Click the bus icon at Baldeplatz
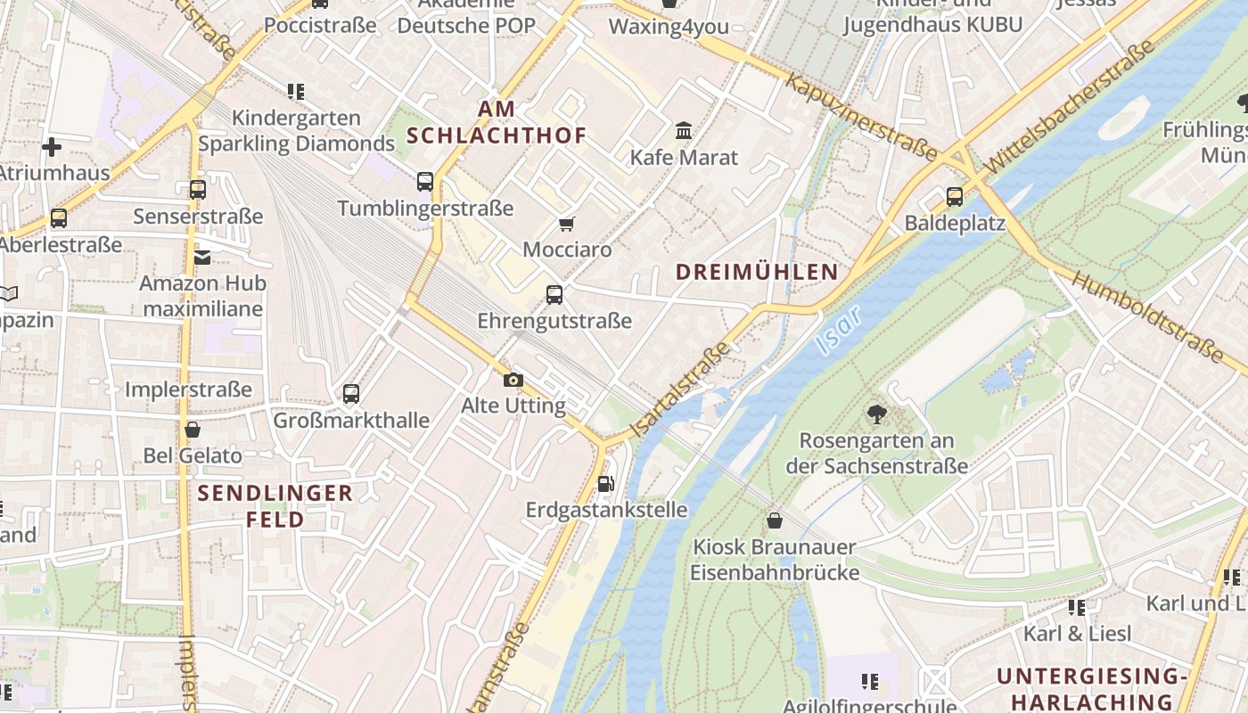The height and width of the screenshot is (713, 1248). coord(955,197)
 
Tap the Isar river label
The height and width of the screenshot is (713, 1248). coord(839,326)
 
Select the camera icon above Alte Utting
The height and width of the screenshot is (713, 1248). coord(513,381)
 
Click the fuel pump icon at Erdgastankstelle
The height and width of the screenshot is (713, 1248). coord(606,484)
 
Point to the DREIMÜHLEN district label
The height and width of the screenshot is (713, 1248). coord(757,273)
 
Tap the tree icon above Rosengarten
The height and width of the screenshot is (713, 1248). coord(876,414)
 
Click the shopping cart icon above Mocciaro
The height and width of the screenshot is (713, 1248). coord(567,224)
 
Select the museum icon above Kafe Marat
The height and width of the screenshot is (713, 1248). coord(684,132)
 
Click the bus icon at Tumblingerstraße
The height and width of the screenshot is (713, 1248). coord(425,182)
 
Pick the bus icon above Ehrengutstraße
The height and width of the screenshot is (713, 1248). coord(554,295)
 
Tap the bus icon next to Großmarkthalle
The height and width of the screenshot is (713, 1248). coord(351,394)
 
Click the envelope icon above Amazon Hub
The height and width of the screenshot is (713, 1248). coord(202,258)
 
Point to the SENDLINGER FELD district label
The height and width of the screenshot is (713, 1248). coord(275,506)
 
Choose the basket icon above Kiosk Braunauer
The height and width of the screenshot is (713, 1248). coord(775,520)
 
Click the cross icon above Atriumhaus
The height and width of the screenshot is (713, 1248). coord(52,146)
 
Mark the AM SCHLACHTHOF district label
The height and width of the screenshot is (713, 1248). coord(497,122)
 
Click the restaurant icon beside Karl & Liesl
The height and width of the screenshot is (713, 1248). coord(1077,608)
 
